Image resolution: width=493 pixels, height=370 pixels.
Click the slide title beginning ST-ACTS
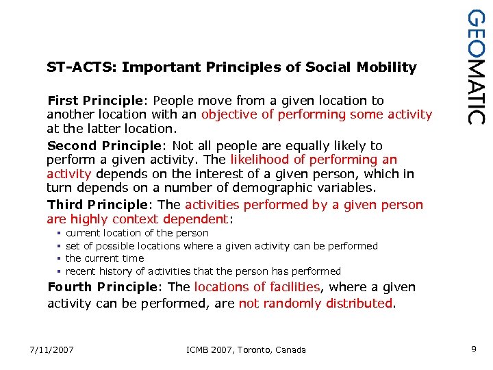[x=231, y=67]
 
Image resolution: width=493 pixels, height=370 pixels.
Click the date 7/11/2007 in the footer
[x=52, y=350]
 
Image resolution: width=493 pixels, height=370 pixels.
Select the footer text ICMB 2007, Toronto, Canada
[x=246, y=350]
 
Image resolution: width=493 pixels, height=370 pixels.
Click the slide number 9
[x=474, y=349]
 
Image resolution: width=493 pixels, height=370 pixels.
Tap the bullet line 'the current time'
[x=105, y=258]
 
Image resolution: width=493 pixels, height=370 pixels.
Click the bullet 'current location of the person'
[x=137, y=233]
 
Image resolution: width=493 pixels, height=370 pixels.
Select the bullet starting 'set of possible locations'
[x=221, y=245]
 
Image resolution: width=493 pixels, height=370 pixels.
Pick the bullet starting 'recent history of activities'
[x=203, y=271]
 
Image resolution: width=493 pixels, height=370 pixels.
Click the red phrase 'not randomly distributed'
[x=316, y=304]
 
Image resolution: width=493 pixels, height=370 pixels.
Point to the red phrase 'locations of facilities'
[x=257, y=287]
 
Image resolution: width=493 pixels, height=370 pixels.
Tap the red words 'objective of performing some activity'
[x=316, y=114]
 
